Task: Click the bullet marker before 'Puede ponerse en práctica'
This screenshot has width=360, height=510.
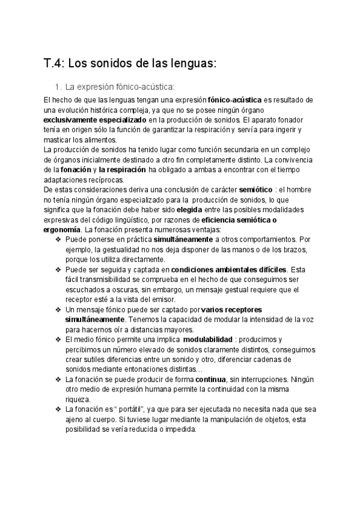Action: pos(58,239)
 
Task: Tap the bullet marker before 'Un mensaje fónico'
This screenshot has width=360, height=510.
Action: pos(58,310)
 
